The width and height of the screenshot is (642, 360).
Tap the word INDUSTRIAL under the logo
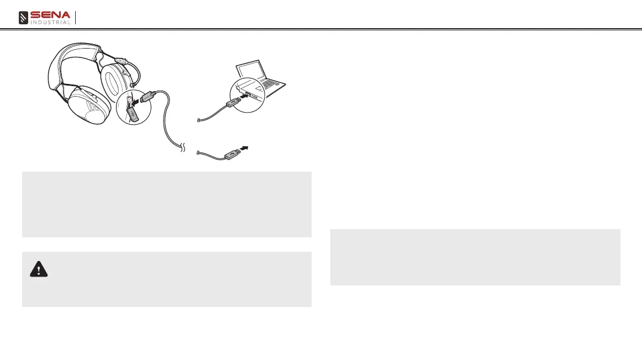tap(51, 23)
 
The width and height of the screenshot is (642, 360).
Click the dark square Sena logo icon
tap(24, 18)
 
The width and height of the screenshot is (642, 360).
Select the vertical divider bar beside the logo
tap(75, 18)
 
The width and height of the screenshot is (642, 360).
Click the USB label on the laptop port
tap(254, 96)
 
